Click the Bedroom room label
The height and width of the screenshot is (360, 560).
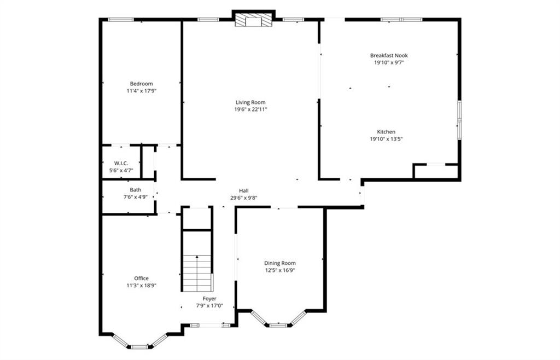pyautogui.click(x=141, y=84)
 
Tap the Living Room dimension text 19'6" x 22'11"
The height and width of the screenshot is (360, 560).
pyautogui.click(x=250, y=109)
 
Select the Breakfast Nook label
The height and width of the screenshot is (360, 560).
pyautogui.click(x=389, y=55)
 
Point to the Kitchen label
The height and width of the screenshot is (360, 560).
pyautogui.click(x=386, y=132)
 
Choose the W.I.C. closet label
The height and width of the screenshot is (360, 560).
pyautogui.click(x=121, y=163)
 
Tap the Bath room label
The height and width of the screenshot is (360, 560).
pyautogui.click(x=135, y=190)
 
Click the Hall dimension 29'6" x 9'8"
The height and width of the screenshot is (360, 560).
pyautogui.click(x=243, y=198)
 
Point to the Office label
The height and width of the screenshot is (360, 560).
pyautogui.click(x=141, y=278)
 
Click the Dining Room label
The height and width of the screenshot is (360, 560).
pyautogui.click(x=280, y=263)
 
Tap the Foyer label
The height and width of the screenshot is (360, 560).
pyautogui.click(x=209, y=299)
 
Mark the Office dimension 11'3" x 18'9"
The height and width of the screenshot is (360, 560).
pyautogui.click(x=141, y=285)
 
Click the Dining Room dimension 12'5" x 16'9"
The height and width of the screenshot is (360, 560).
pyautogui.click(x=280, y=270)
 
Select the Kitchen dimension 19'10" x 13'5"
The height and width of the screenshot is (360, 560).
pyautogui.click(x=386, y=139)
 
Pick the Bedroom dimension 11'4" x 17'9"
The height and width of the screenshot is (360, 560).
pyautogui.click(x=141, y=91)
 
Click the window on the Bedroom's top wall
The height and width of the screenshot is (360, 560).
pyautogui.click(x=121, y=20)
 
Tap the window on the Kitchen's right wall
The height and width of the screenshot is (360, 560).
pyautogui.click(x=459, y=118)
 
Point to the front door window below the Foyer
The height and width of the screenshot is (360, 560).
pyautogui.click(x=210, y=326)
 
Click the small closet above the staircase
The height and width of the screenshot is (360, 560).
pyautogui.click(x=197, y=219)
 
